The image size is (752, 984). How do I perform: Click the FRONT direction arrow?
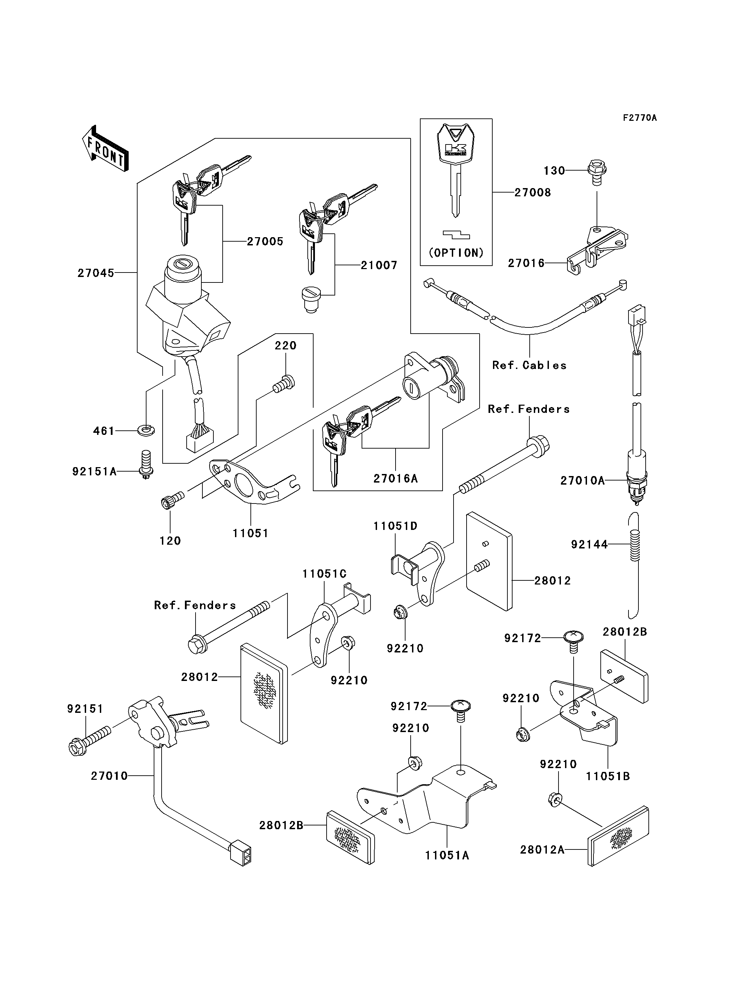tap(105, 148)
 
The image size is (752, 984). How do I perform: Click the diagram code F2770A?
tap(640, 118)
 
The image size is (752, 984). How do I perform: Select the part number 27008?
tap(533, 193)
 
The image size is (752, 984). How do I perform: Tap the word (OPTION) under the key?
tap(456, 253)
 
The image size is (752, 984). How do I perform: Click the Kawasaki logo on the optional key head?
tap(455, 150)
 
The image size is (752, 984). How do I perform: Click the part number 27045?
tap(96, 273)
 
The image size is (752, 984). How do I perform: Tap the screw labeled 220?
tap(284, 383)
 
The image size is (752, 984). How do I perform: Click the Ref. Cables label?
tap(529, 366)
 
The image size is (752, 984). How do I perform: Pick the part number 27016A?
tap(396, 479)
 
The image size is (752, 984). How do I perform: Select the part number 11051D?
tap(395, 526)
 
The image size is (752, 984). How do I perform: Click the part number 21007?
tap(379, 266)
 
